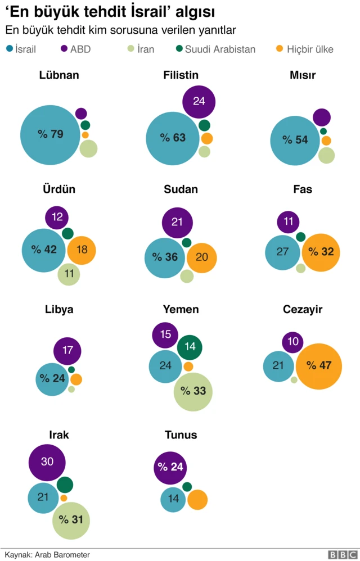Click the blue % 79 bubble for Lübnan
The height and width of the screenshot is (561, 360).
tap(50, 134)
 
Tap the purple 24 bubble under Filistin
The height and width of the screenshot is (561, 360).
tap(199, 101)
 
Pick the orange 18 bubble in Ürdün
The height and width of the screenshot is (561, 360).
tap(82, 250)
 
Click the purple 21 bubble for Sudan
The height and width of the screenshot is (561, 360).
tap(177, 222)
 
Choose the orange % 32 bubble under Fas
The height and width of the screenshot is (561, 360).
tap(321, 252)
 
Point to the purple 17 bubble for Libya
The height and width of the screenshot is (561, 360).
tap(67, 351)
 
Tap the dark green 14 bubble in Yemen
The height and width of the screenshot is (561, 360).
tap(190, 347)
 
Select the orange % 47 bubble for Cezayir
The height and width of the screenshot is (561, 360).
tap(319, 366)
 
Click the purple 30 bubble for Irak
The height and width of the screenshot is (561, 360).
tap(47, 462)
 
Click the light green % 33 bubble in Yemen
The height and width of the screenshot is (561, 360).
tap(193, 391)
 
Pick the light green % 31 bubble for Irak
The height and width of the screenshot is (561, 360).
tap(72, 521)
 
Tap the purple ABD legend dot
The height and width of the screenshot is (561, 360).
tap(65, 49)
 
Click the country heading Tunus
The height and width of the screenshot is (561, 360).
tap(181, 435)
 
